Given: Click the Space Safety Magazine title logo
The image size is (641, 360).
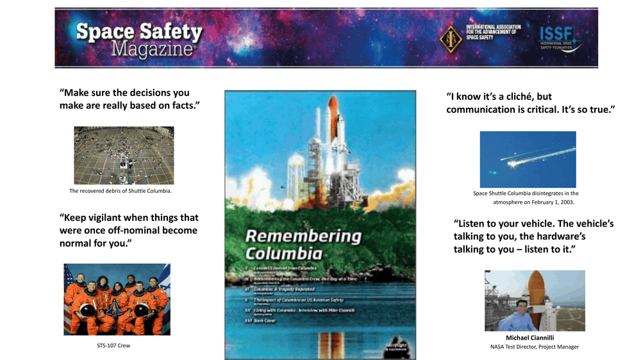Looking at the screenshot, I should [x=138, y=39].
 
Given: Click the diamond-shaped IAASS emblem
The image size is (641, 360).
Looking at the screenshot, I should [x=451, y=38].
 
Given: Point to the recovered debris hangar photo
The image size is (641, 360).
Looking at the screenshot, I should [x=124, y=155].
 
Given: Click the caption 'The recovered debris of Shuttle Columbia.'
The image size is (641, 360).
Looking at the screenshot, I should [x=121, y=191].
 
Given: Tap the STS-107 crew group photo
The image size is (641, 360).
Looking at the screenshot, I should [x=117, y=299].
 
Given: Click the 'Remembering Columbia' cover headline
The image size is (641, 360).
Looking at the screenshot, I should [x=303, y=243].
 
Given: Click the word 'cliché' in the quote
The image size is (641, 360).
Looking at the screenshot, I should [x=519, y=97].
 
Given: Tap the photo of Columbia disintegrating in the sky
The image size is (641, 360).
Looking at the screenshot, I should [x=528, y=160].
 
